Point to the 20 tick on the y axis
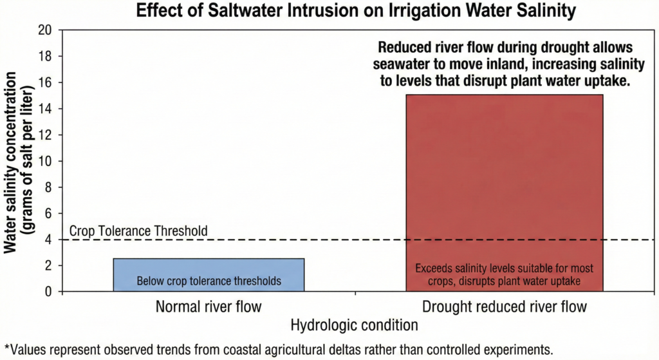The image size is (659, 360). click(44, 30)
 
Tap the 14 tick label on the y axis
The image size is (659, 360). click(44, 109)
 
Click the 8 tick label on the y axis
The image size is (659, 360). click(48, 187)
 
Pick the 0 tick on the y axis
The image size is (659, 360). click(48, 292)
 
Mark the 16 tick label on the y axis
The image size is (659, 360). click(44, 82)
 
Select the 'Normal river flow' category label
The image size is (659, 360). click(209, 307)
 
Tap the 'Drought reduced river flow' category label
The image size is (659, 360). click(504, 307)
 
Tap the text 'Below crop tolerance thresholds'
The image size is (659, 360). click(209, 281)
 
